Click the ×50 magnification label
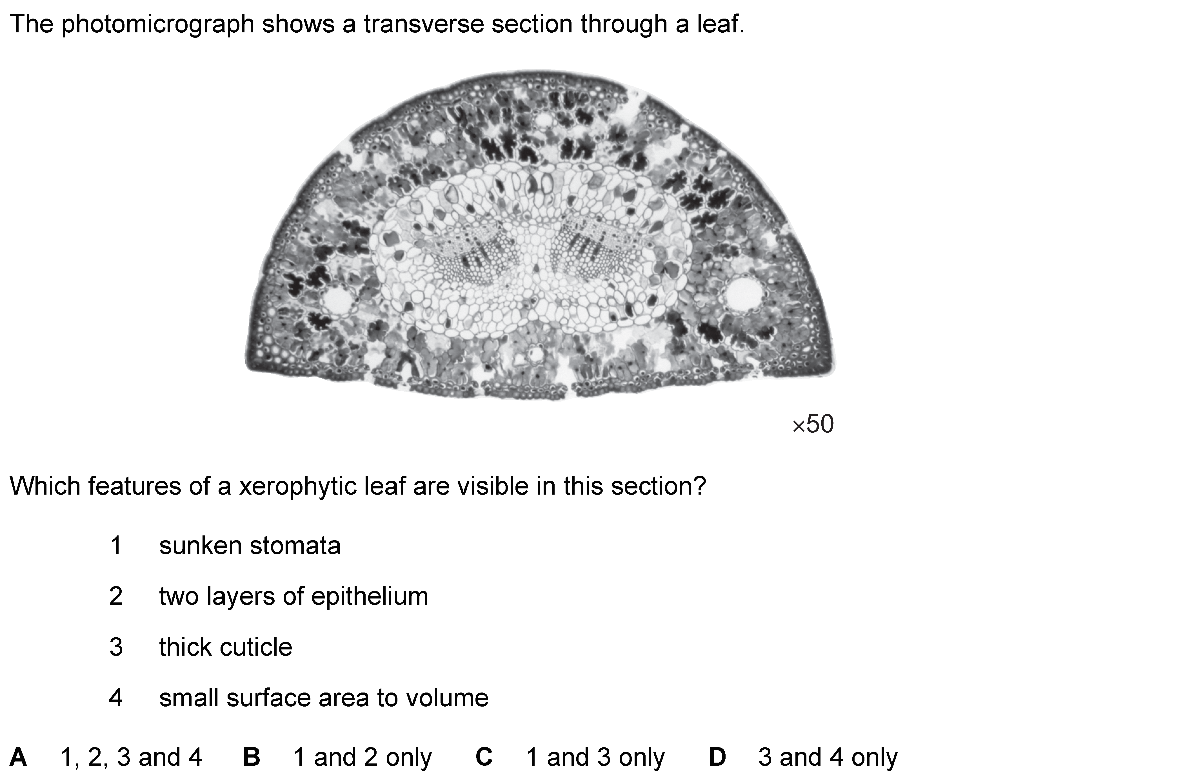813,425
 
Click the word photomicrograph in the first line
158,24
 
